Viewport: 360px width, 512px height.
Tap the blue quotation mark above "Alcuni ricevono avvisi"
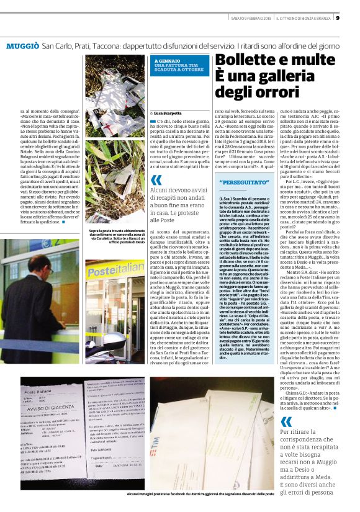click(x=156, y=181)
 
